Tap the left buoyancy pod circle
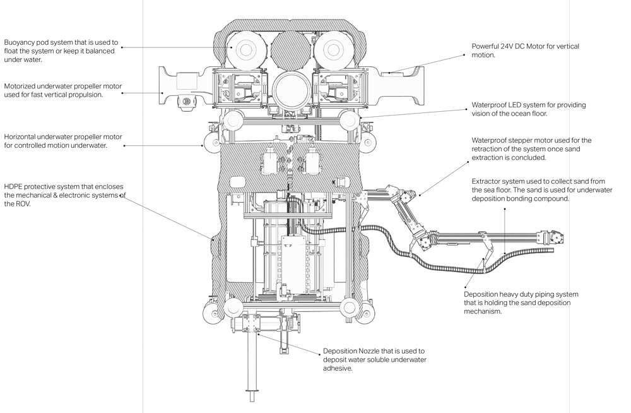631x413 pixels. click(245, 50)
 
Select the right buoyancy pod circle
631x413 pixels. click(333, 50)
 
